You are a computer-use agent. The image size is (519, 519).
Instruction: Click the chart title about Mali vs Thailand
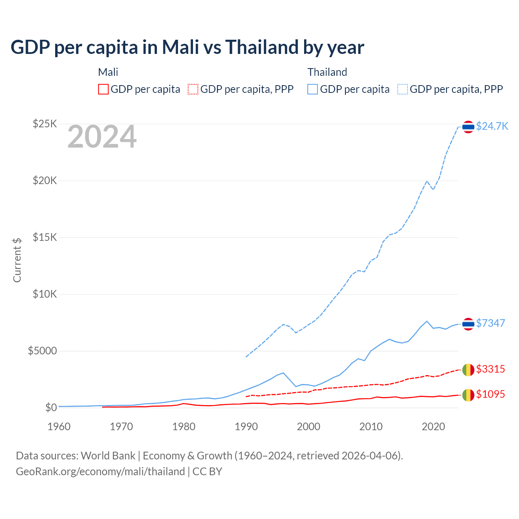(x=187, y=47)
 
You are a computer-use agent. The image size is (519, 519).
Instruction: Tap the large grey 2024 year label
(x=102, y=137)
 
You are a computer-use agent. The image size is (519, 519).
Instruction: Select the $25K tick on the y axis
(x=45, y=124)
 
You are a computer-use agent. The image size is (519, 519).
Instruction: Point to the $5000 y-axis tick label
(x=42, y=351)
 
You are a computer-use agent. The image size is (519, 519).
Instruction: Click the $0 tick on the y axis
(x=51, y=407)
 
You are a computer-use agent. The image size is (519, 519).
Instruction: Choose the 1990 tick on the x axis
(x=247, y=427)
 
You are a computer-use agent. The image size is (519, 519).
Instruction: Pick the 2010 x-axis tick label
(x=371, y=427)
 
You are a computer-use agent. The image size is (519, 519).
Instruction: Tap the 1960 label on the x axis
(x=59, y=427)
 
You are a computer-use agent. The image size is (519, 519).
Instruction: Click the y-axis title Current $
(x=17, y=260)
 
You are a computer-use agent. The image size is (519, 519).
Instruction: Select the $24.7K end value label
(x=492, y=126)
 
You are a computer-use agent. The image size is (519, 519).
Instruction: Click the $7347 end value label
(x=490, y=323)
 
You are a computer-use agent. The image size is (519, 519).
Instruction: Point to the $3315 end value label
(x=490, y=369)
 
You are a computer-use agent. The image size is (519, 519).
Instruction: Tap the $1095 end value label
(x=490, y=394)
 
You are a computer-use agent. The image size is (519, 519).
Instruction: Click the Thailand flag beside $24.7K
(x=468, y=127)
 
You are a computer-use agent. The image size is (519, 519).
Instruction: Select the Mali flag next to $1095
(x=468, y=395)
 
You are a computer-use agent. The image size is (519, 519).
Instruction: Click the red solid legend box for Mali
(x=103, y=89)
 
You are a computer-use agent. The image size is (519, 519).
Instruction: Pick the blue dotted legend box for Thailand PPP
(x=403, y=89)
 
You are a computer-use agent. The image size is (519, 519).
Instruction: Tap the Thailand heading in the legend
(x=327, y=72)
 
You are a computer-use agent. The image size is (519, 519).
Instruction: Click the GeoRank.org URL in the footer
(x=100, y=472)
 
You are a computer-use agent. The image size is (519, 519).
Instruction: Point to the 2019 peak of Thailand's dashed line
(x=427, y=181)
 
